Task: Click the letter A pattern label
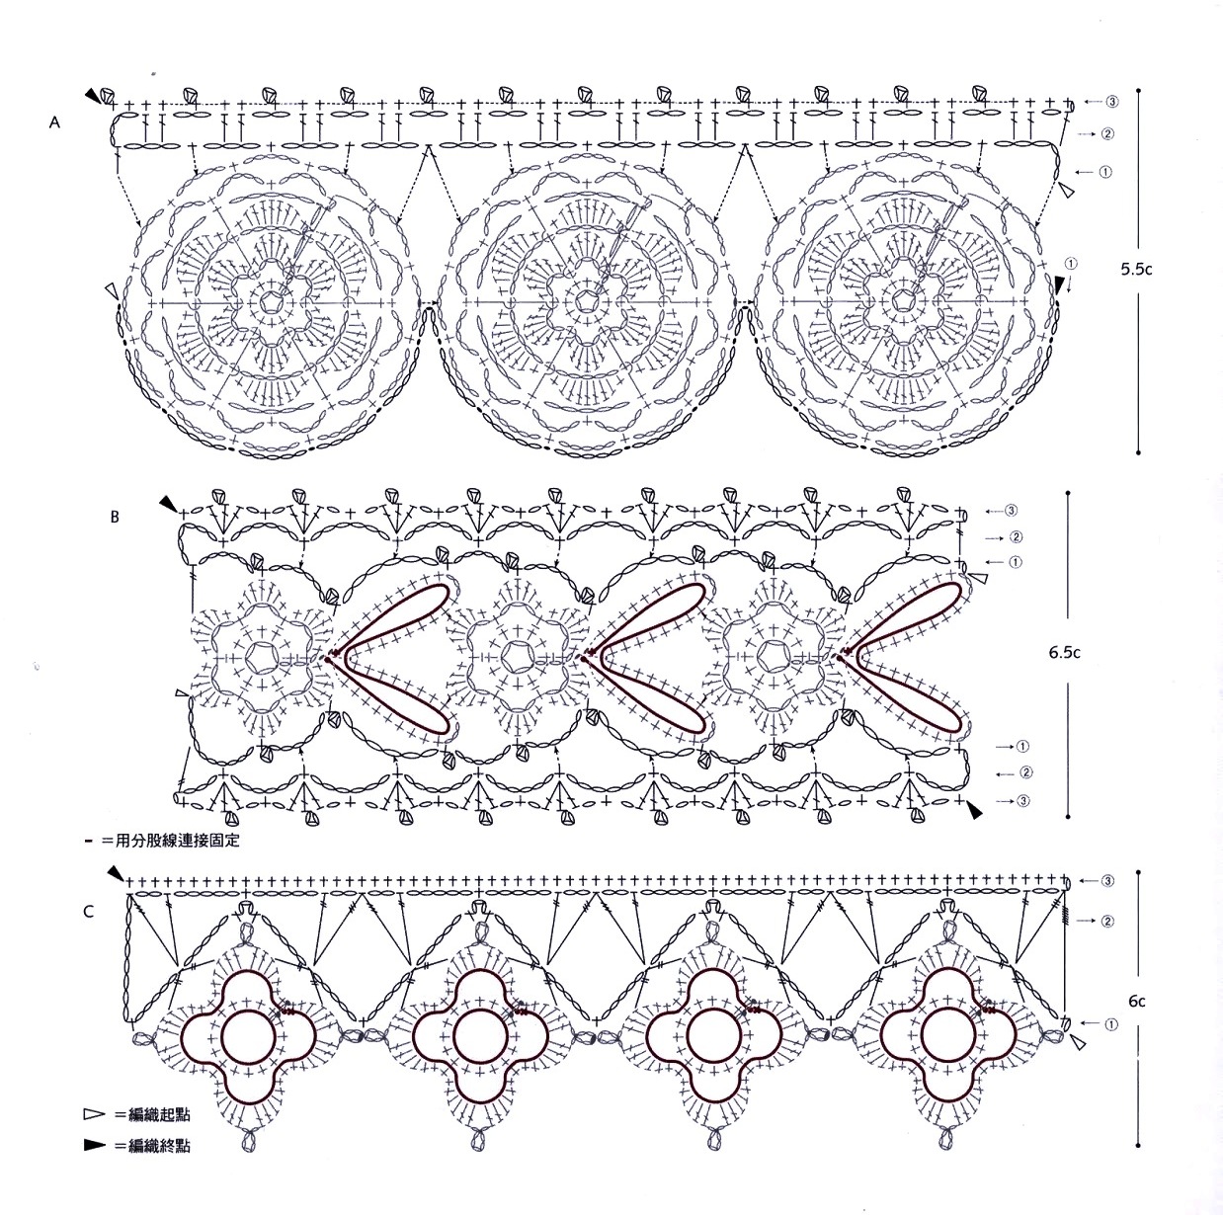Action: (x=55, y=122)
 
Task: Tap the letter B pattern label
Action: (x=115, y=516)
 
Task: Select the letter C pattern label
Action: (x=89, y=911)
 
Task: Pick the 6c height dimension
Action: (x=1137, y=1001)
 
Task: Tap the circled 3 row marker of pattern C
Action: (x=1108, y=880)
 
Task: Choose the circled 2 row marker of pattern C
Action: (x=1108, y=921)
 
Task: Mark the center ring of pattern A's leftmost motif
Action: (x=269, y=300)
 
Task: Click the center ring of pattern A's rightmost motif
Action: (x=903, y=300)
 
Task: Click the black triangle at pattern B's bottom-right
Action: (x=976, y=810)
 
